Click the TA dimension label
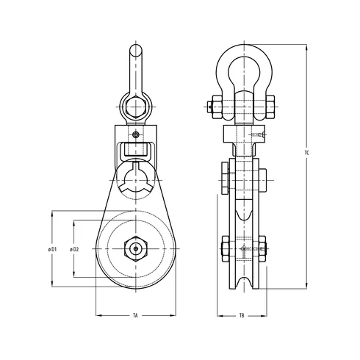(x=136, y=315)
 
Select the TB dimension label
(x=242, y=315)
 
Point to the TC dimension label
(x=306, y=153)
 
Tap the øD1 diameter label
(x=52, y=249)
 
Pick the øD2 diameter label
(x=74, y=249)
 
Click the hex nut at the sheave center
(x=136, y=249)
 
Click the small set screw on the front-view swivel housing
(x=137, y=134)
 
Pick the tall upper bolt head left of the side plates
(x=223, y=179)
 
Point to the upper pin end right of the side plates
(x=263, y=179)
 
